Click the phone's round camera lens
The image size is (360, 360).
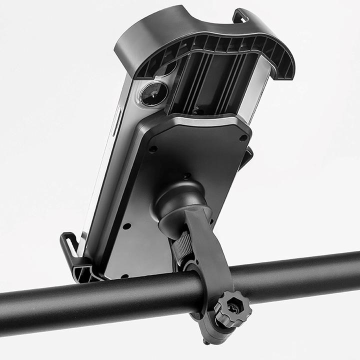153,93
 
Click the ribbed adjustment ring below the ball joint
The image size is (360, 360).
182,247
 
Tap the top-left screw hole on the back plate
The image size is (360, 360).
153,148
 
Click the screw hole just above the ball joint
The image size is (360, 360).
186,176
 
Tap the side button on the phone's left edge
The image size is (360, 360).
116,125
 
